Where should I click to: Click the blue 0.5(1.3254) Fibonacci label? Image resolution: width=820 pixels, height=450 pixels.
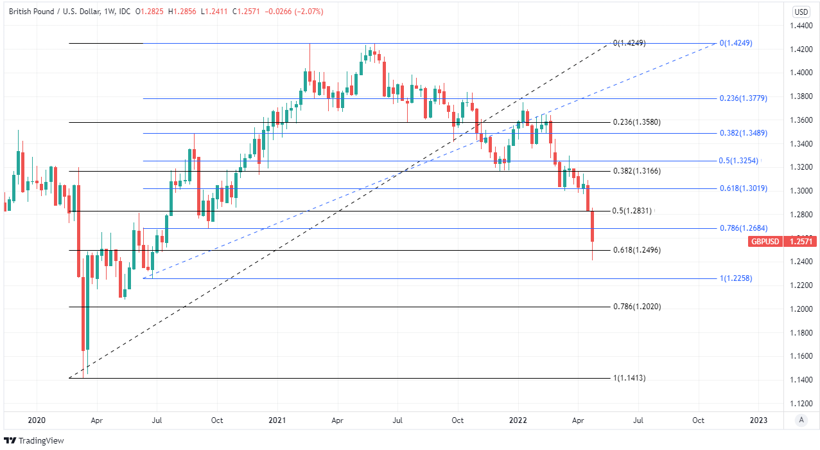point(739,161)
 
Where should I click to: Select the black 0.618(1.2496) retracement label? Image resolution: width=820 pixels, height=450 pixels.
point(637,250)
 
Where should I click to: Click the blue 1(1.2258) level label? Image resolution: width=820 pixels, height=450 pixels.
point(736,278)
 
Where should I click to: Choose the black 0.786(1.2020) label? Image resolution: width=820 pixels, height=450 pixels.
point(637,307)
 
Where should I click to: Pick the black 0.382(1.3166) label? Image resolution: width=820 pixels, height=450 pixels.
point(637,171)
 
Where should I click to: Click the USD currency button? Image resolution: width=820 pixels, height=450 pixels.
point(801,12)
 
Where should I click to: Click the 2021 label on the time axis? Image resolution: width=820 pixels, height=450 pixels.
point(277,420)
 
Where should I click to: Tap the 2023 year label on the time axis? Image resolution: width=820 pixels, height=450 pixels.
point(758,420)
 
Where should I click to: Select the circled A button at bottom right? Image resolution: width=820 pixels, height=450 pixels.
point(801,420)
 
